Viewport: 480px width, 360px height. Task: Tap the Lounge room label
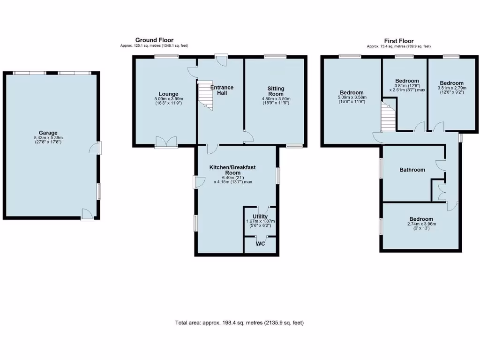coord(168,94)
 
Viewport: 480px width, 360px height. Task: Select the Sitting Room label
coord(276,91)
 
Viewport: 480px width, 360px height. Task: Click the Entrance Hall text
coord(222,90)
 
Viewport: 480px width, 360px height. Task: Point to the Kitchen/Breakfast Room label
coord(232,170)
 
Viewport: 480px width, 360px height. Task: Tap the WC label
coord(260,244)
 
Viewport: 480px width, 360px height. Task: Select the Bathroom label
coord(412,170)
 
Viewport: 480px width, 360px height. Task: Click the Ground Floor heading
coord(154,40)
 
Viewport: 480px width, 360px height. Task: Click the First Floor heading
coord(399,41)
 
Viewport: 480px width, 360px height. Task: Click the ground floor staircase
coord(205,95)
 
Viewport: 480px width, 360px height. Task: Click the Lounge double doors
coord(166,142)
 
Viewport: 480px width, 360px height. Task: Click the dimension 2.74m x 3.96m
coord(421,224)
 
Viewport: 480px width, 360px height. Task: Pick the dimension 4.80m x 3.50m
coord(276,98)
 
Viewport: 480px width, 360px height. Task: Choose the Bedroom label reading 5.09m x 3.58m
coord(352,92)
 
